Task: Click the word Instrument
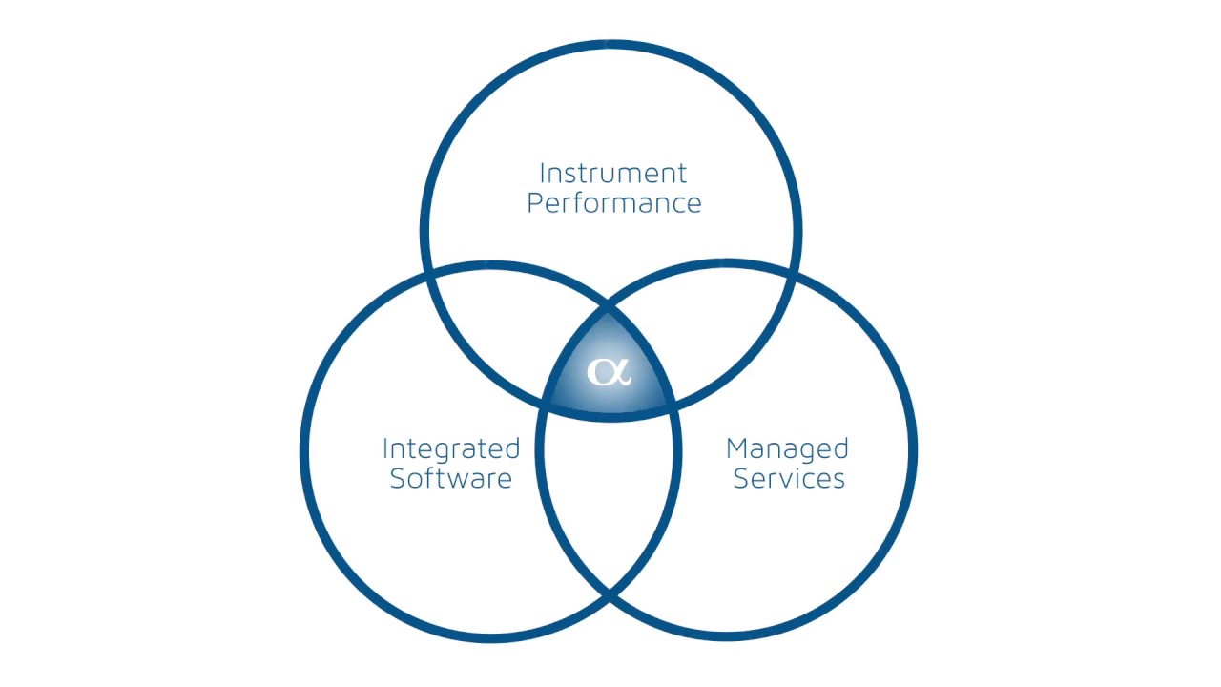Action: click(x=612, y=174)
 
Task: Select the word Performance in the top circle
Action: click(x=614, y=203)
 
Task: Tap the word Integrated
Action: click(x=451, y=450)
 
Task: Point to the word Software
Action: click(x=451, y=478)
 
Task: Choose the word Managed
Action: click(x=787, y=450)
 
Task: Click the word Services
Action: click(x=789, y=478)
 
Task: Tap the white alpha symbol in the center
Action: click(x=609, y=372)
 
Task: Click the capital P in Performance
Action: click(x=536, y=203)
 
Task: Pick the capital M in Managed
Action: click(x=737, y=448)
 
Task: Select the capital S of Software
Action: click(x=398, y=478)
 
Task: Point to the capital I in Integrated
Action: click(x=385, y=448)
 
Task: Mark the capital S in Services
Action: click(x=741, y=478)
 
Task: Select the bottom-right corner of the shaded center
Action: click(x=673, y=405)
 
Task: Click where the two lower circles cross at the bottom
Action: click(x=609, y=594)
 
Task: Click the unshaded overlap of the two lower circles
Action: click(x=609, y=490)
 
